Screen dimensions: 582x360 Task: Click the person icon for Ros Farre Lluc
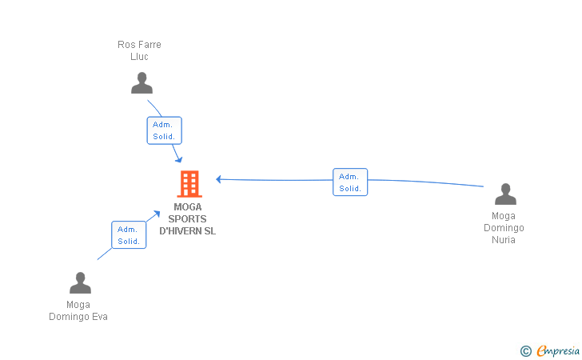(142, 83)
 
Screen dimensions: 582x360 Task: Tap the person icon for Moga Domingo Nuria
(505, 194)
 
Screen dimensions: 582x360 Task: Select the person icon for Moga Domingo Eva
(80, 282)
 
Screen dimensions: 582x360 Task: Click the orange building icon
(189, 183)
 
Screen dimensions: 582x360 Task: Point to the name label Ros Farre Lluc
(139, 50)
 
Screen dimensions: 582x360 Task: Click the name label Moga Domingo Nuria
(504, 228)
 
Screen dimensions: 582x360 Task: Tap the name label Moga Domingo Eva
(78, 310)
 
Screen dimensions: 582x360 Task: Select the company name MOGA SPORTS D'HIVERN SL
(187, 219)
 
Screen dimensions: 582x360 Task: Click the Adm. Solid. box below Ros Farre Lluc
(165, 130)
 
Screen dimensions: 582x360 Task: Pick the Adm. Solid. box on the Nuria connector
(350, 182)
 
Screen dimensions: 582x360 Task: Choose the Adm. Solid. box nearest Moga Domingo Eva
(129, 234)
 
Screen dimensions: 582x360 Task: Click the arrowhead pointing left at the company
(218, 179)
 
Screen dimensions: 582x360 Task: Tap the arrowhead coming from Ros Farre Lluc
(179, 159)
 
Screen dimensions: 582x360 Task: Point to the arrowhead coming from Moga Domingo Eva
(157, 214)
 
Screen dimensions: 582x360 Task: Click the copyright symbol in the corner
(525, 351)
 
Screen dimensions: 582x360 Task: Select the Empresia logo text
(558, 351)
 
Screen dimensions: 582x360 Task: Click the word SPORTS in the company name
(187, 219)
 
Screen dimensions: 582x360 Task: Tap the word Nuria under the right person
(504, 240)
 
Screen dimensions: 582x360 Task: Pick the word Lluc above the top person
(139, 57)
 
